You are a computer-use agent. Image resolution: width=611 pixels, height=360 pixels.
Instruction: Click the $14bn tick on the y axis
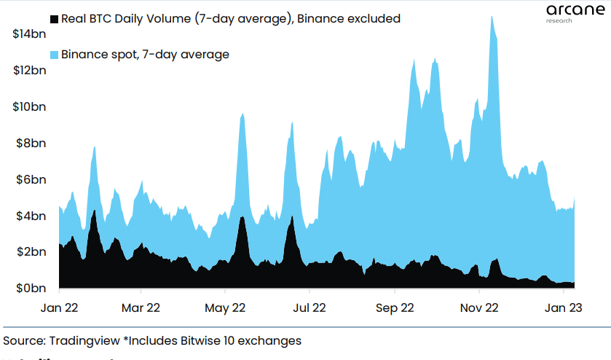click(x=28, y=34)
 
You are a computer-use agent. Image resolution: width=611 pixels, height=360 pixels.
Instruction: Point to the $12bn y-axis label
click(x=28, y=70)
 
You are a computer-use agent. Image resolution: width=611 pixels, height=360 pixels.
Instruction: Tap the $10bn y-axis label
click(x=28, y=106)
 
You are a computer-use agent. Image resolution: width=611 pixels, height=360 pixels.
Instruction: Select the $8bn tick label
click(x=30, y=143)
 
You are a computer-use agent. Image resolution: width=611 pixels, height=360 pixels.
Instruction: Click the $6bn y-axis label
click(x=30, y=179)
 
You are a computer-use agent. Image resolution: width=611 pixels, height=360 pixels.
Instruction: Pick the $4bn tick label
click(x=30, y=216)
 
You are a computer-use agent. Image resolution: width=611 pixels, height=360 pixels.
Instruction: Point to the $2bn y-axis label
click(x=30, y=252)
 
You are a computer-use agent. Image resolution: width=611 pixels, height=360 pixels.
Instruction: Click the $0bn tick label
click(x=30, y=289)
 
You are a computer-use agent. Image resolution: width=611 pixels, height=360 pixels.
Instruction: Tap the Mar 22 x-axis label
click(x=141, y=308)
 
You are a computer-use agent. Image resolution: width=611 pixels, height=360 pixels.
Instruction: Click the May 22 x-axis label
click(x=225, y=308)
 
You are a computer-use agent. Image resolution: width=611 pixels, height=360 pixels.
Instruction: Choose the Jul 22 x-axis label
click(x=310, y=308)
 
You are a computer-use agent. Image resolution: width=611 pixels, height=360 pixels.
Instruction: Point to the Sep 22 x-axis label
click(x=394, y=308)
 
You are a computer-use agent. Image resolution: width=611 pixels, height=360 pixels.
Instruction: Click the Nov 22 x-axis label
click(x=479, y=308)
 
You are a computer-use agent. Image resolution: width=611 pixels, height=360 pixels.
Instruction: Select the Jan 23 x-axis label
click(x=563, y=308)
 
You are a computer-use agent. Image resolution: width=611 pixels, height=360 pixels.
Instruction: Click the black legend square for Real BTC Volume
click(x=53, y=19)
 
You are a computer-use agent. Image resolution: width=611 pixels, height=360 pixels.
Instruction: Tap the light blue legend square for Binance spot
click(x=53, y=55)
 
